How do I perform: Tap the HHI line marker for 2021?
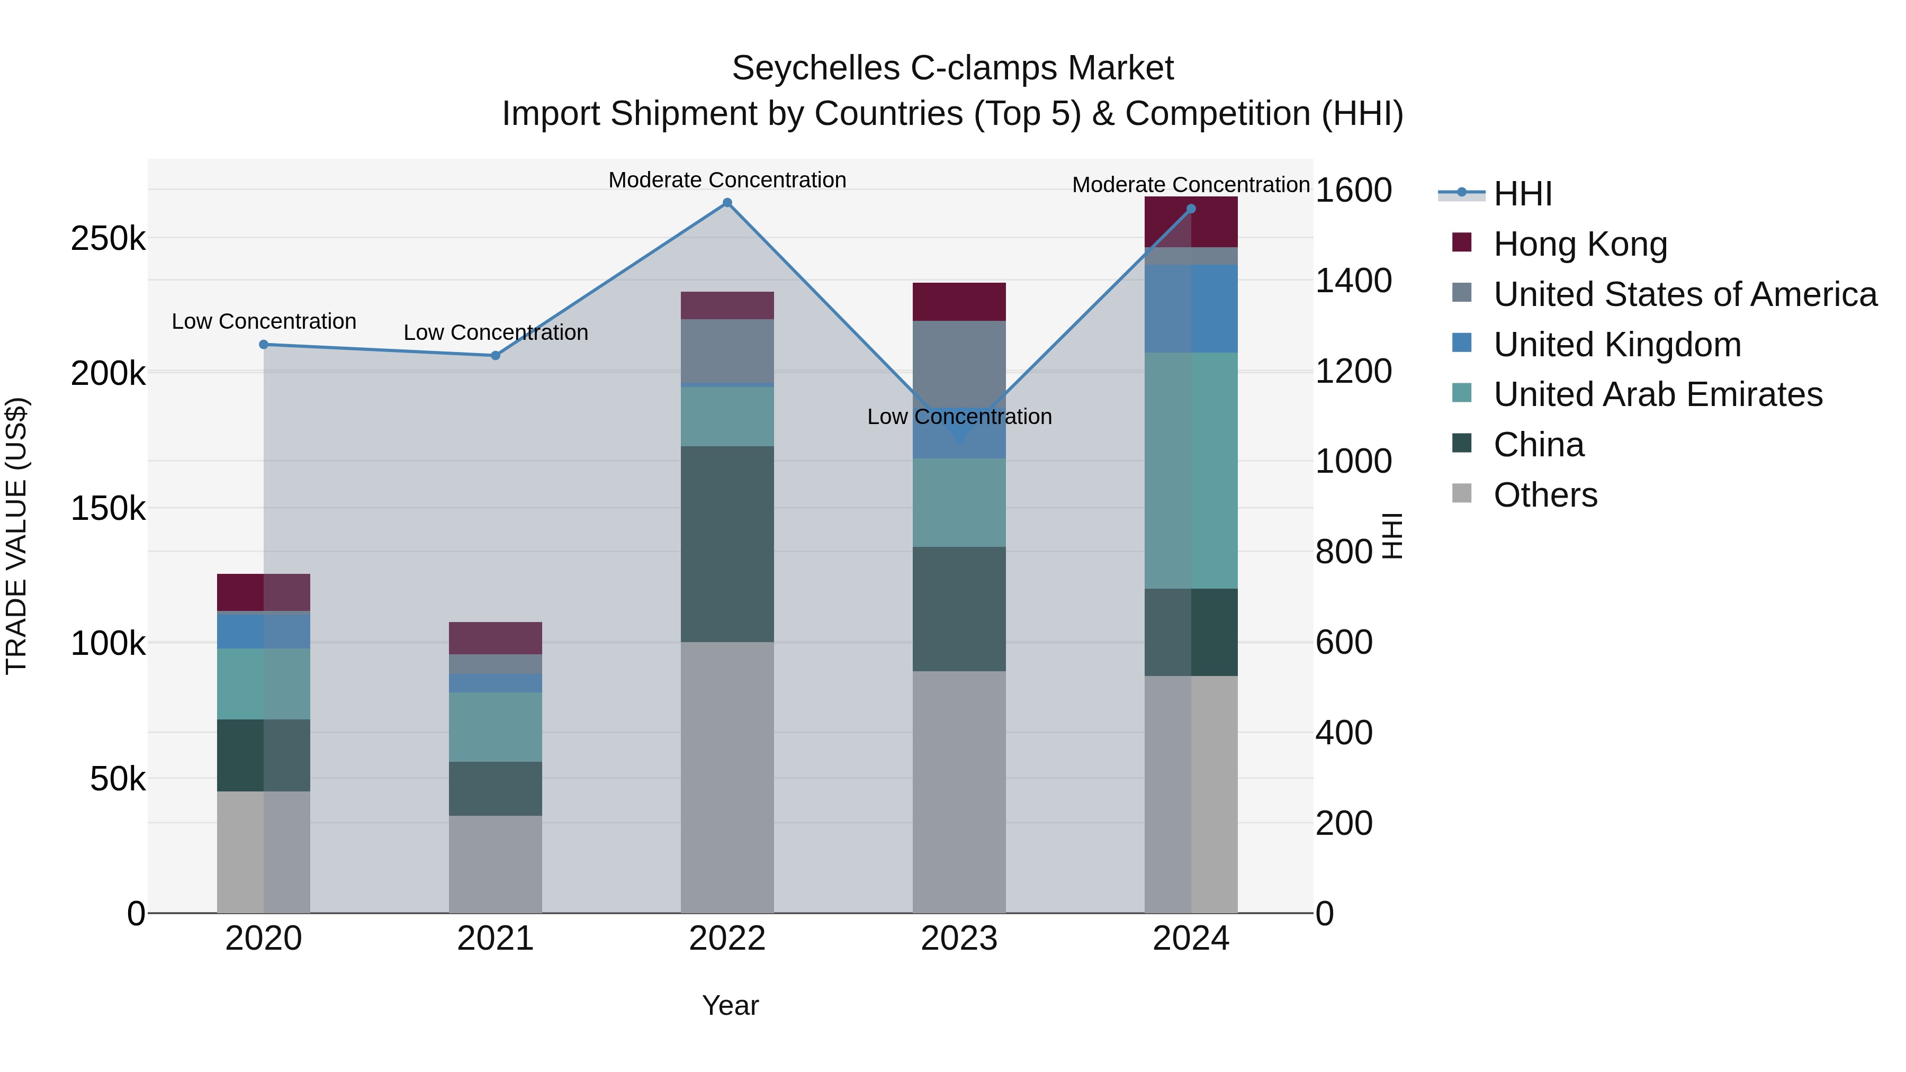point(496,356)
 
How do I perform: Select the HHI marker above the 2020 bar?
point(264,345)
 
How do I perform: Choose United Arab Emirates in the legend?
point(1657,394)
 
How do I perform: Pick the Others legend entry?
point(1545,495)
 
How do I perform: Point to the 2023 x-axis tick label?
point(959,939)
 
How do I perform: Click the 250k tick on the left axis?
point(108,239)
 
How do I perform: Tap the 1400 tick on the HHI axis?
point(1353,281)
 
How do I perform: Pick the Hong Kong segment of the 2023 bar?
point(959,302)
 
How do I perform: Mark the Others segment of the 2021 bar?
point(496,864)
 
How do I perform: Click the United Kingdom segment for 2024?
point(1191,309)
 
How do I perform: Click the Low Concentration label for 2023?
point(959,417)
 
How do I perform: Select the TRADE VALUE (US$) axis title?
point(16,536)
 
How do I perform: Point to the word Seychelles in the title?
point(815,69)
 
